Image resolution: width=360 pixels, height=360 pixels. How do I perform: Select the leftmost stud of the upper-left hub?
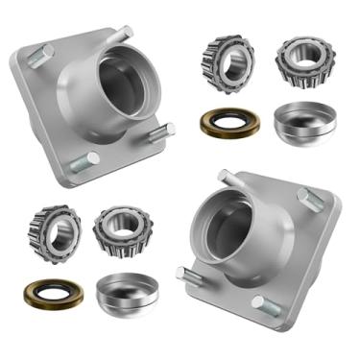click(x=34, y=58)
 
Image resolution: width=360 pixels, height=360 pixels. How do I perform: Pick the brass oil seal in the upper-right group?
click(x=228, y=123)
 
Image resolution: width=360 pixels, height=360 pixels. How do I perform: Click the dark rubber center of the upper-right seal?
click(x=228, y=123)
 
